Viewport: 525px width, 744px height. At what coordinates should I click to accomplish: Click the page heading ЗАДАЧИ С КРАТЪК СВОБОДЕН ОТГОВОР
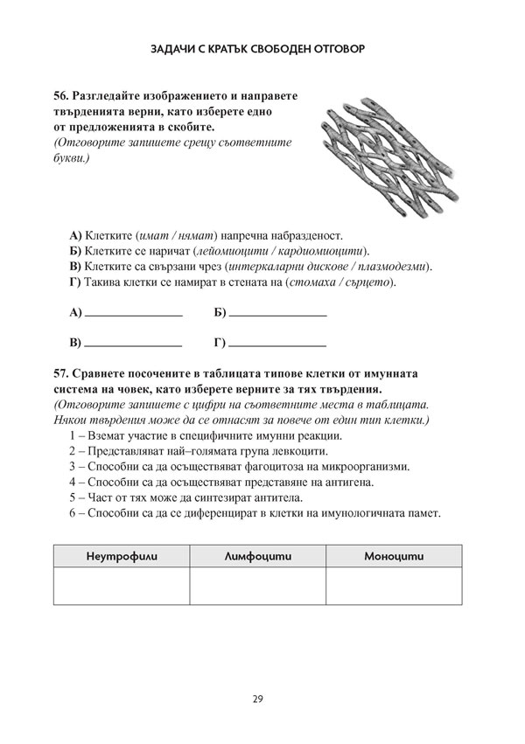[x=262, y=50]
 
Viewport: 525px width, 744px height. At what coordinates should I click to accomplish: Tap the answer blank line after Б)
[x=277, y=313]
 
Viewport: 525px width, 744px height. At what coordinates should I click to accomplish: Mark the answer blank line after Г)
[x=277, y=343]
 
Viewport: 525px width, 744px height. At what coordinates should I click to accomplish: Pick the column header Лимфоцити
[x=257, y=556]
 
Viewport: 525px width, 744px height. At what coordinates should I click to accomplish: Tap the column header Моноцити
[x=393, y=556]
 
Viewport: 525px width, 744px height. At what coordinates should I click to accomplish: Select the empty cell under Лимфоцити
[x=257, y=586]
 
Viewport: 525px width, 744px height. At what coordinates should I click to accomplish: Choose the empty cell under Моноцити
[x=393, y=586]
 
